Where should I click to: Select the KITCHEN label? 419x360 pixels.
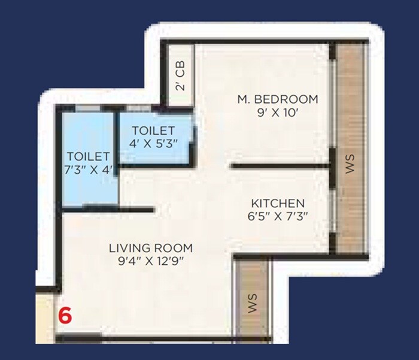pyautogui.click(x=277, y=204)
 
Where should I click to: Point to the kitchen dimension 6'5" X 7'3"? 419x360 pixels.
pyautogui.click(x=277, y=217)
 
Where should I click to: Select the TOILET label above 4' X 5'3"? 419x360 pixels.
pyautogui.click(x=153, y=131)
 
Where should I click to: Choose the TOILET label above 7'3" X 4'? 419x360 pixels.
pyautogui.click(x=88, y=157)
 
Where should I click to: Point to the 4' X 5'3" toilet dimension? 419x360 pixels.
pyautogui.click(x=153, y=144)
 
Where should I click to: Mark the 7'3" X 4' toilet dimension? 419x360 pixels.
pyautogui.click(x=88, y=170)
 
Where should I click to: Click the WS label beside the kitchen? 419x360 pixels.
pyautogui.click(x=351, y=163)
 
